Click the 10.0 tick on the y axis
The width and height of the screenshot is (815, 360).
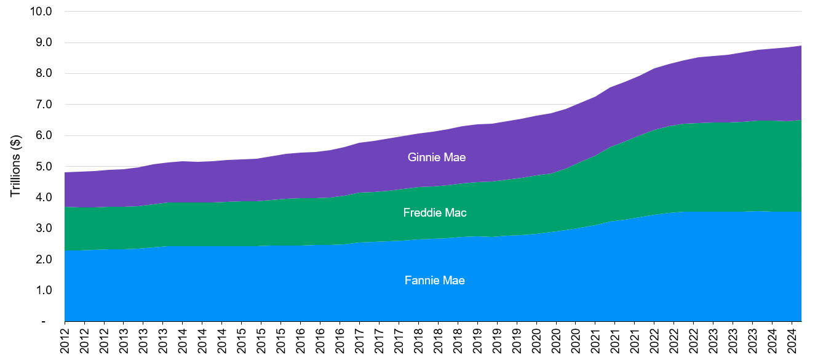41,12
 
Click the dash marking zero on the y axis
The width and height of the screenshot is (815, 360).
43,321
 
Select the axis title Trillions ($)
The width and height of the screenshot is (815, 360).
16,167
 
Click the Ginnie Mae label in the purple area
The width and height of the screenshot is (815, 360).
436,158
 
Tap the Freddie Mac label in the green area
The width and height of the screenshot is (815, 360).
434,213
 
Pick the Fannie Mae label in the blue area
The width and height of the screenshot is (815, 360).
434,281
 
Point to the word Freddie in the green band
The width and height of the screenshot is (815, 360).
421,213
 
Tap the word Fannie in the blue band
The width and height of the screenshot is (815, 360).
421,281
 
